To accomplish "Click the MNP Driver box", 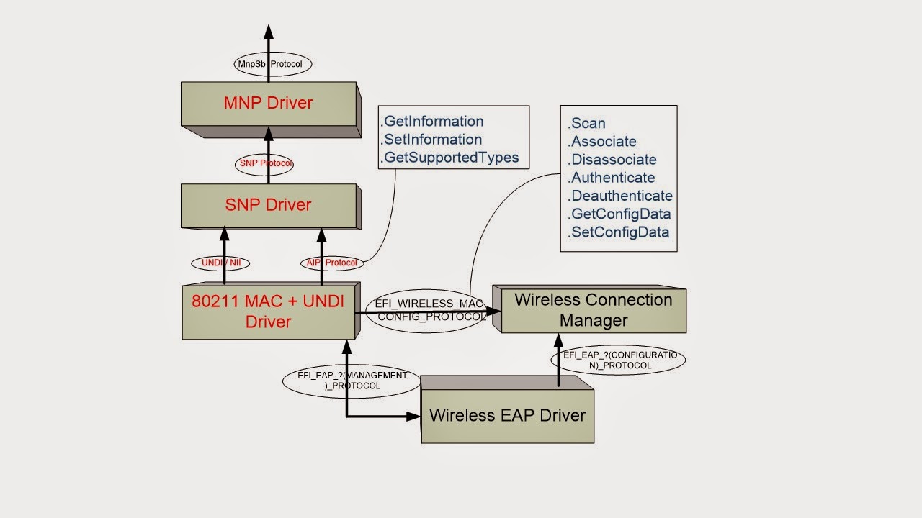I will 268,103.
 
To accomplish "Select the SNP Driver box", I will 268,205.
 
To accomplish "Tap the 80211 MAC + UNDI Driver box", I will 268,311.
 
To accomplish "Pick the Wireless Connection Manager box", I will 594,309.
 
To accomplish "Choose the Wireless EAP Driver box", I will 507,415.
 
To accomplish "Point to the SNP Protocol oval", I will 264,163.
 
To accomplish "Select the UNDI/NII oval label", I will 220,263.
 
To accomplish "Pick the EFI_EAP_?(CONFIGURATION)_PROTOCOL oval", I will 618,360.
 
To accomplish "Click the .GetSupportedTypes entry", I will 451,158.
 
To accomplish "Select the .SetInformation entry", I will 432,140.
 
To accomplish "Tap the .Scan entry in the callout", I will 587,124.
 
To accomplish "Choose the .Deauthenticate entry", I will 620,196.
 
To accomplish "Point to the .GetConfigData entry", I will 619,214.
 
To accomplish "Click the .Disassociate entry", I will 612,160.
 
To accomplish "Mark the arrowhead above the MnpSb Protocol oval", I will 269,32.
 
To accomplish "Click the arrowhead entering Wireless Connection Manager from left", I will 493,312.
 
